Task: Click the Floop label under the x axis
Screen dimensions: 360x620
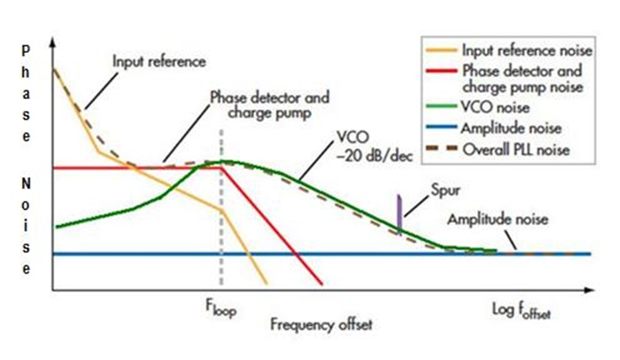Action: click(x=220, y=309)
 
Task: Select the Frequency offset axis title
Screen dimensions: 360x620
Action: click(x=320, y=324)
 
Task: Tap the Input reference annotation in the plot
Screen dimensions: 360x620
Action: click(x=159, y=61)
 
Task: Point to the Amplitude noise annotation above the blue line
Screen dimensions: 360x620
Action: click(x=497, y=220)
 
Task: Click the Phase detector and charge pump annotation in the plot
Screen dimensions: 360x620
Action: click(x=269, y=103)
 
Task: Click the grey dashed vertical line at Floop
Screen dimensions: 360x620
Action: click(x=221, y=227)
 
